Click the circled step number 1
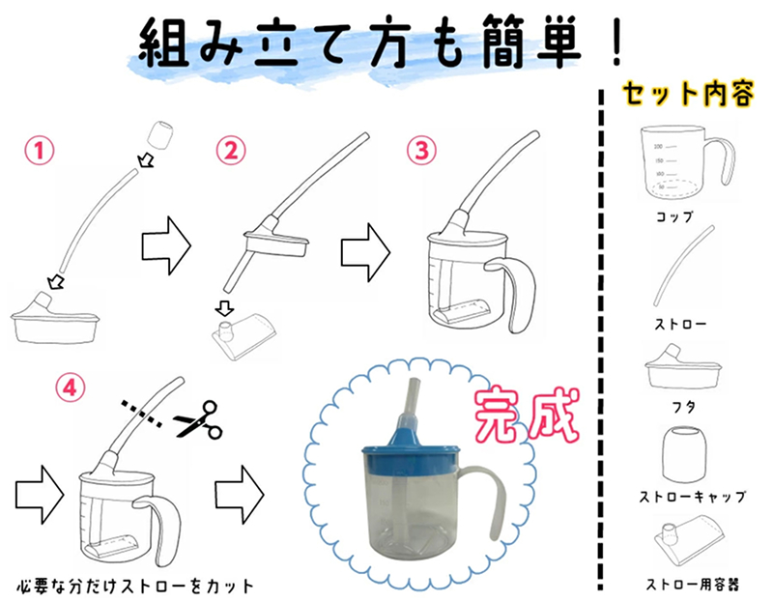tap(38, 152)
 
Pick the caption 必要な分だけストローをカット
tap(135, 587)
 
